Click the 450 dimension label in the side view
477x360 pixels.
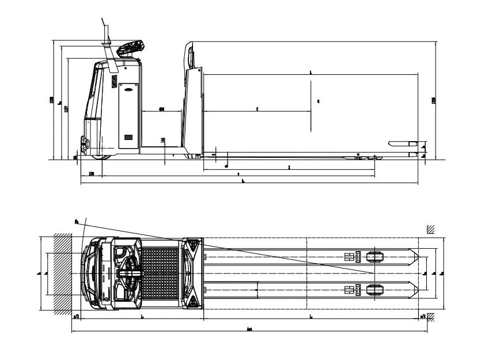[162, 109]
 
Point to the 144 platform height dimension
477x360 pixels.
[164, 140]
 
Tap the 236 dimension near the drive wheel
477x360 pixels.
[91, 173]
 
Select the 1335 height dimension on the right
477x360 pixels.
[433, 100]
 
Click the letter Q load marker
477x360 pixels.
[319, 101]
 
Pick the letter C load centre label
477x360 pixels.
[257, 109]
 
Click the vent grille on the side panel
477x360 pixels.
[128, 138]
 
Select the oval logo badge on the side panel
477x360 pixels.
[126, 87]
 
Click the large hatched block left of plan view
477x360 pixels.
[63, 272]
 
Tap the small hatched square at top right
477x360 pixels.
[430, 229]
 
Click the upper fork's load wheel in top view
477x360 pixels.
[374, 257]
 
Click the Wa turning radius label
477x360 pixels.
[77, 221]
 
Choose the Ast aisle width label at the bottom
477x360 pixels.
[249, 329]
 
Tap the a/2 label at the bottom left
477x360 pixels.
[76, 316]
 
